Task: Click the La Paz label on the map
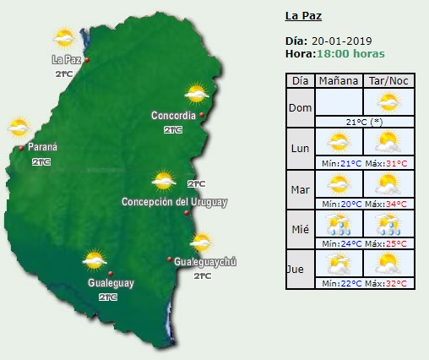tap(65, 59)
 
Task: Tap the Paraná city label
tap(42, 147)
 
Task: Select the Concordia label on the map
tap(173, 115)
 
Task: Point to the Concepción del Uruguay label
tap(174, 202)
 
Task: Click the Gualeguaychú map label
tap(205, 262)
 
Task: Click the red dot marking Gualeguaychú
tap(170, 259)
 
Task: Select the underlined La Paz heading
tap(303, 15)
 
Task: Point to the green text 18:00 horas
tap(350, 53)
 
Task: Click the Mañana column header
tap(338, 81)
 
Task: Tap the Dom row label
tap(299, 107)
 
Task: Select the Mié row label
tap(299, 226)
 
